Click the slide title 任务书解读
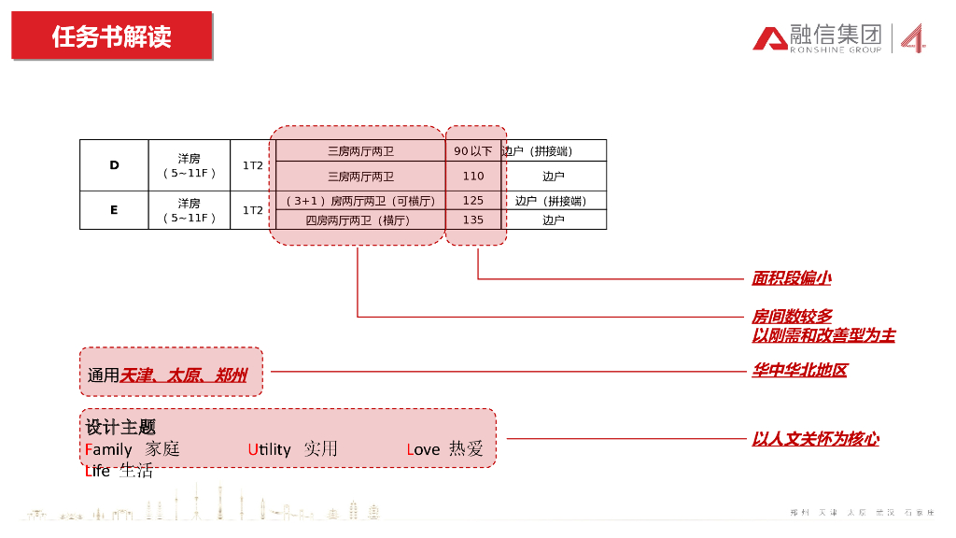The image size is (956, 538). [x=112, y=36]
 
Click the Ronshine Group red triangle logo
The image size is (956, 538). [x=770, y=38]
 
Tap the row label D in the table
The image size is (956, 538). [x=114, y=165]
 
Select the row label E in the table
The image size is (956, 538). [x=114, y=210]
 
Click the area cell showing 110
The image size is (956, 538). [x=473, y=176]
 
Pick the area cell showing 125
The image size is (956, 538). [x=473, y=201]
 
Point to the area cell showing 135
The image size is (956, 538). [x=473, y=220]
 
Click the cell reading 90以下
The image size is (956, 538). [x=472, y=151]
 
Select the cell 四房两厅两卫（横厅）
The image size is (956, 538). [x=358, y=220]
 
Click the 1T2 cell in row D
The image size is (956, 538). [x=253, y=165]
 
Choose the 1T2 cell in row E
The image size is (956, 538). [x=253, y=210]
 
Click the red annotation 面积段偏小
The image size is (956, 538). [x=791, y=277]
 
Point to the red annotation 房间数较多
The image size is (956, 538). [x=792, y=317]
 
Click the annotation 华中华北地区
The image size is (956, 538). [x=799, y=371]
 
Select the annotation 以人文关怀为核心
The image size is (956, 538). [x=815, y=439]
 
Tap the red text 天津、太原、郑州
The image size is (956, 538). [x=184, y=375]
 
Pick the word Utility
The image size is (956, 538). [x=270, y=450]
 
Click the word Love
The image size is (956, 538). [x=423, y=450]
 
